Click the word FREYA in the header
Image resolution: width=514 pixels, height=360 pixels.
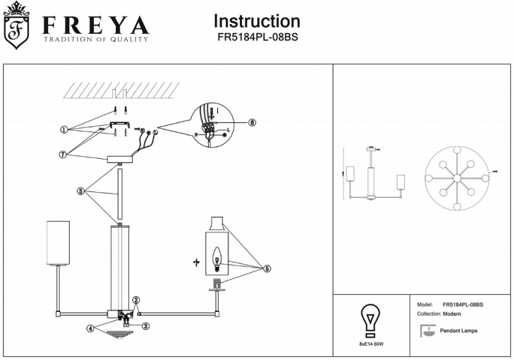95,25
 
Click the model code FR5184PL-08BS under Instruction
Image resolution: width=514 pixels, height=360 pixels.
257,37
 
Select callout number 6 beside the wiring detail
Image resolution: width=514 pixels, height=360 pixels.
252,122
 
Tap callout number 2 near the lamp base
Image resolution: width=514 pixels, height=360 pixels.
136,300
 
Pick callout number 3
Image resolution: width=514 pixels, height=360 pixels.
146,326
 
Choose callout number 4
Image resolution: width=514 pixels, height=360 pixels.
91,327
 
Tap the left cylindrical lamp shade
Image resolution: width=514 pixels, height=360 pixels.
58,243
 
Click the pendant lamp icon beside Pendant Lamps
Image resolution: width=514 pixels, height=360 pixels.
427,331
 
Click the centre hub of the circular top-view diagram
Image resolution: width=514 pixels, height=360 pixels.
457,178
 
